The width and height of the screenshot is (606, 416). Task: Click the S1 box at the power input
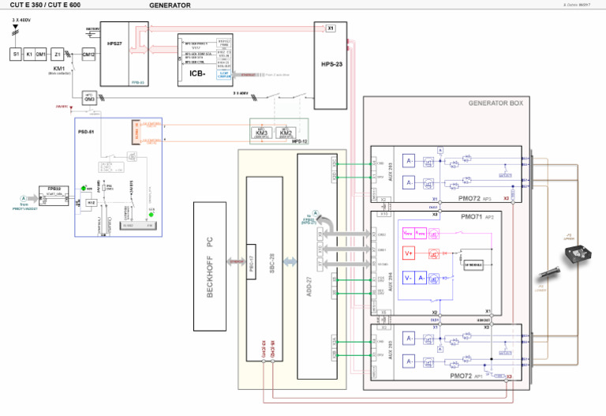click(x=15, y=54)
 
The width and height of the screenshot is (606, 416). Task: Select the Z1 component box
click(x=58, y=54)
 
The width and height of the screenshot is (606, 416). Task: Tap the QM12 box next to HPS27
click(x=88, y=54)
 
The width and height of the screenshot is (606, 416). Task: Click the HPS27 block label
click(x=114, y=44)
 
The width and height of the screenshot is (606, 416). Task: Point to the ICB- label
click(x=197, y=73)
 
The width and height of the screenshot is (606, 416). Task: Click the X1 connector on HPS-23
click(x=330, y=28)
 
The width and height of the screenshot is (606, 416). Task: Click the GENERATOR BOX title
click(x=495, y=103)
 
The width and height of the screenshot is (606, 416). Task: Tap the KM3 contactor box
click(x=263, y=133)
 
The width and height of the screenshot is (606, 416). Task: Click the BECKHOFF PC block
click(x=209, y=266)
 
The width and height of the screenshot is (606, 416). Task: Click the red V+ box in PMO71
click(x=409, y=253)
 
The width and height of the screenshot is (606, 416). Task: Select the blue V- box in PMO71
click(x=409, y=278)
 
